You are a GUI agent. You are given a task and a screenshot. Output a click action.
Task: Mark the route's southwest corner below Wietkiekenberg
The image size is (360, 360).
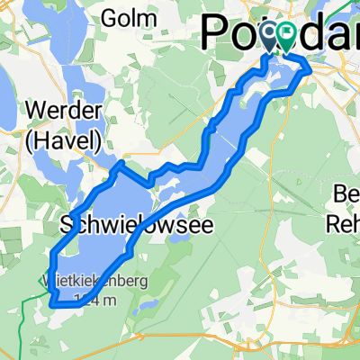click(x=51, y=303)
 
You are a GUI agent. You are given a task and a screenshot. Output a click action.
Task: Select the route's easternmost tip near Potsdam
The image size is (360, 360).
click(x=311, y=68)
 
